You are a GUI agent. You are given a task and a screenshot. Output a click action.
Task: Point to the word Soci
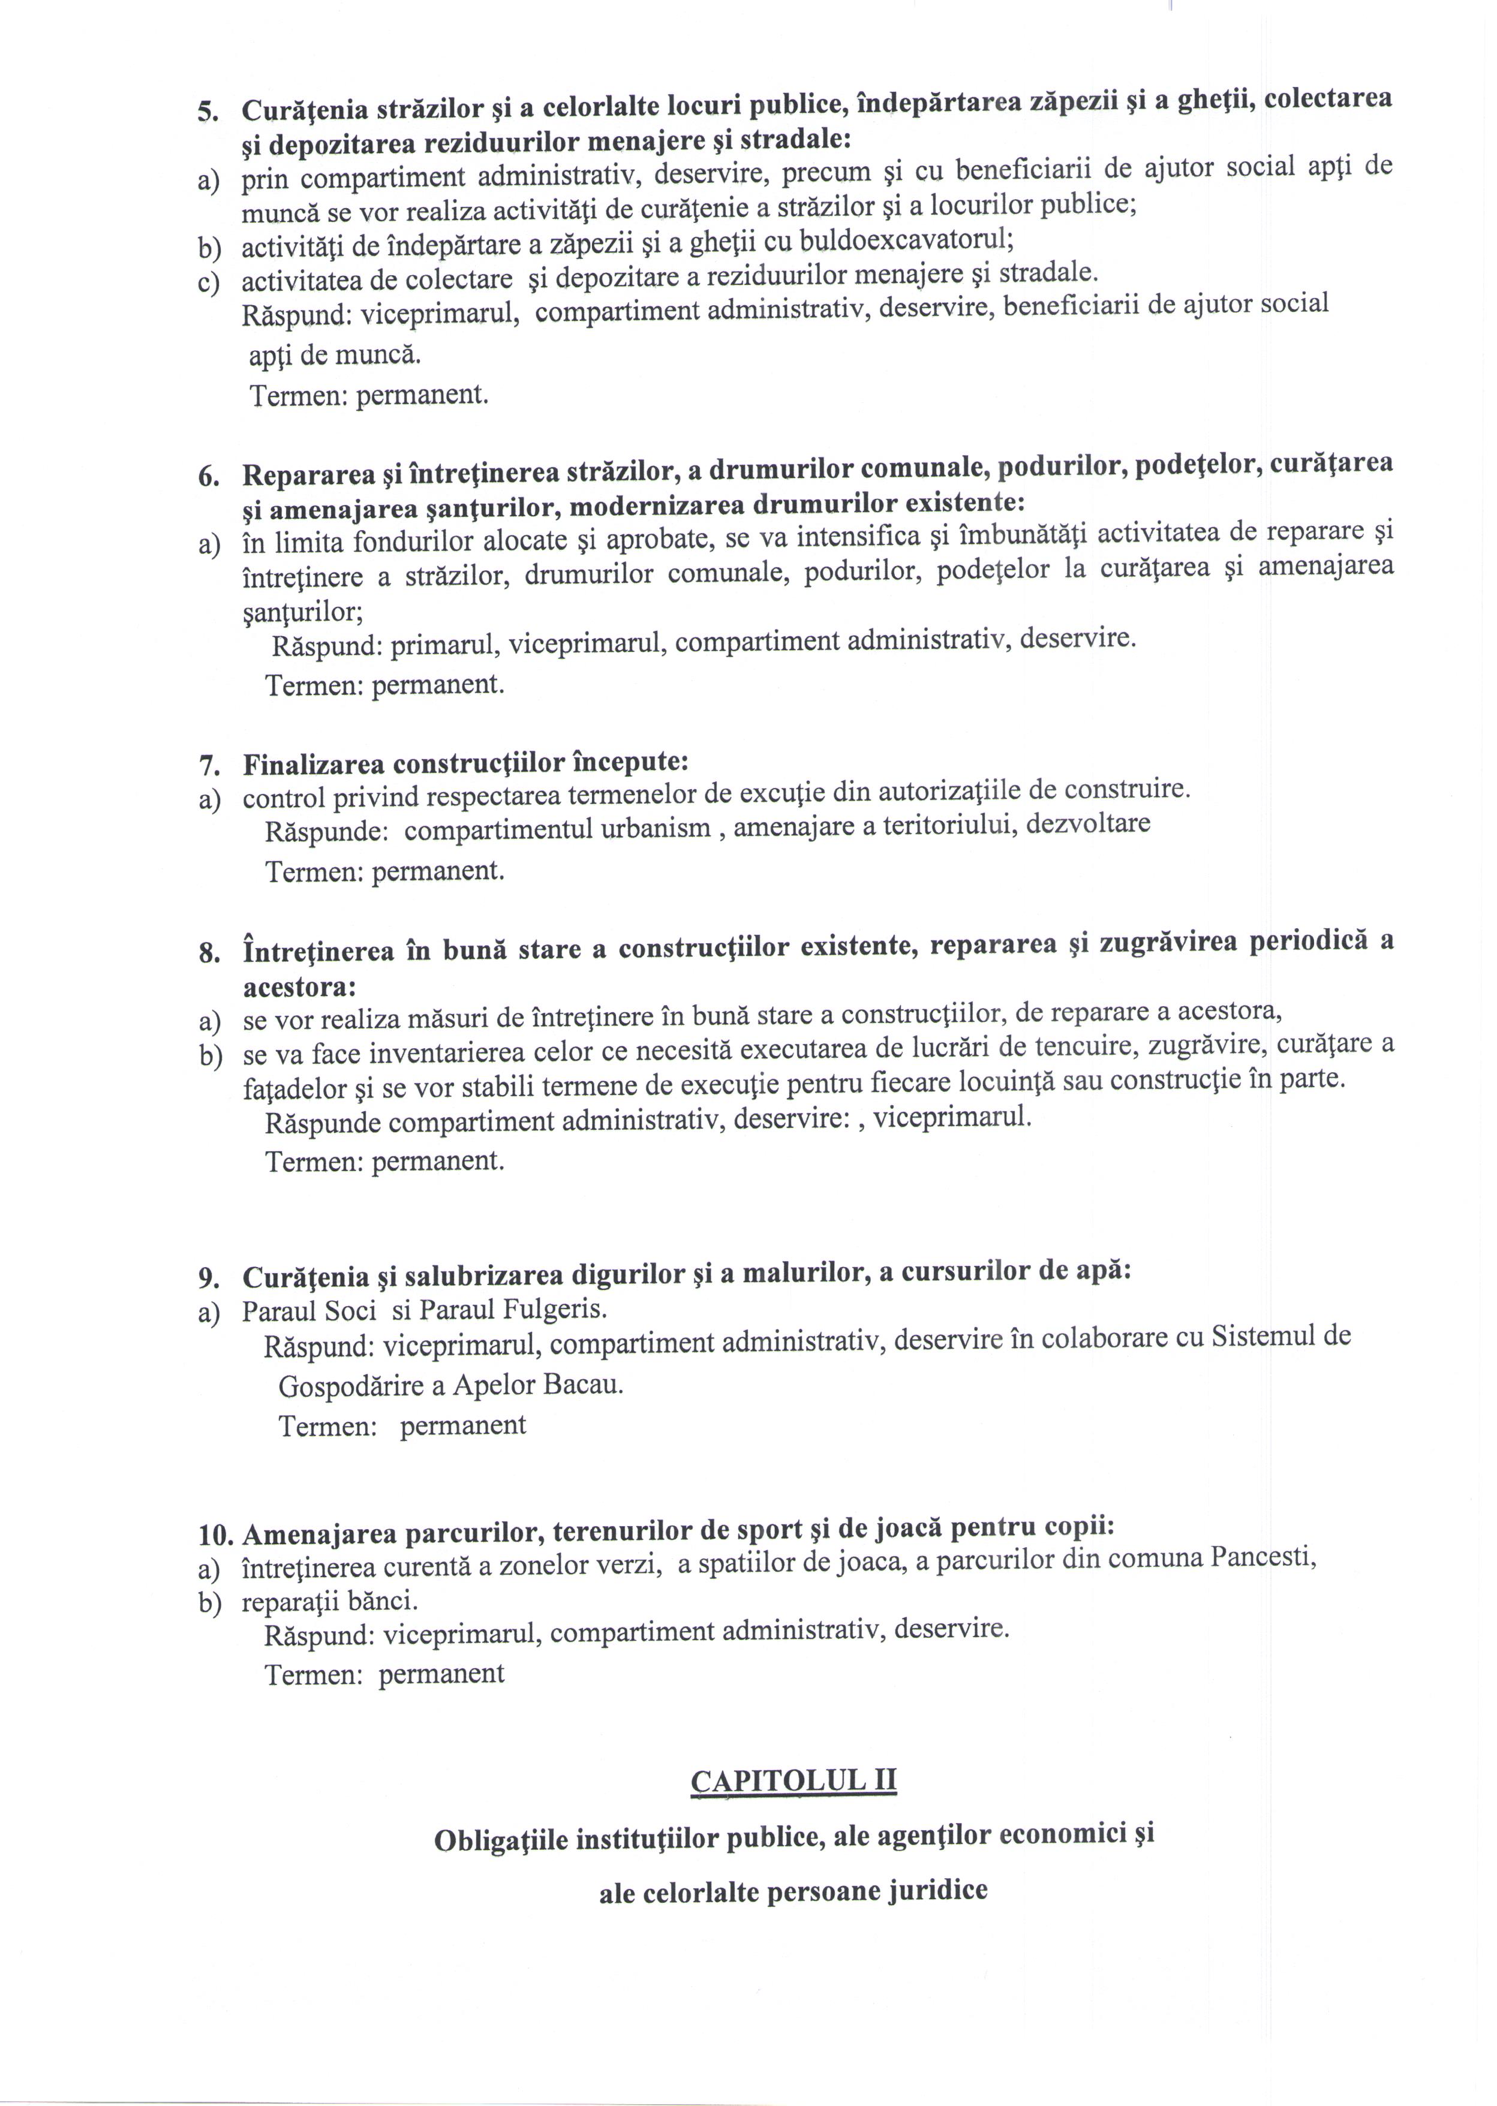point(338,1311)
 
